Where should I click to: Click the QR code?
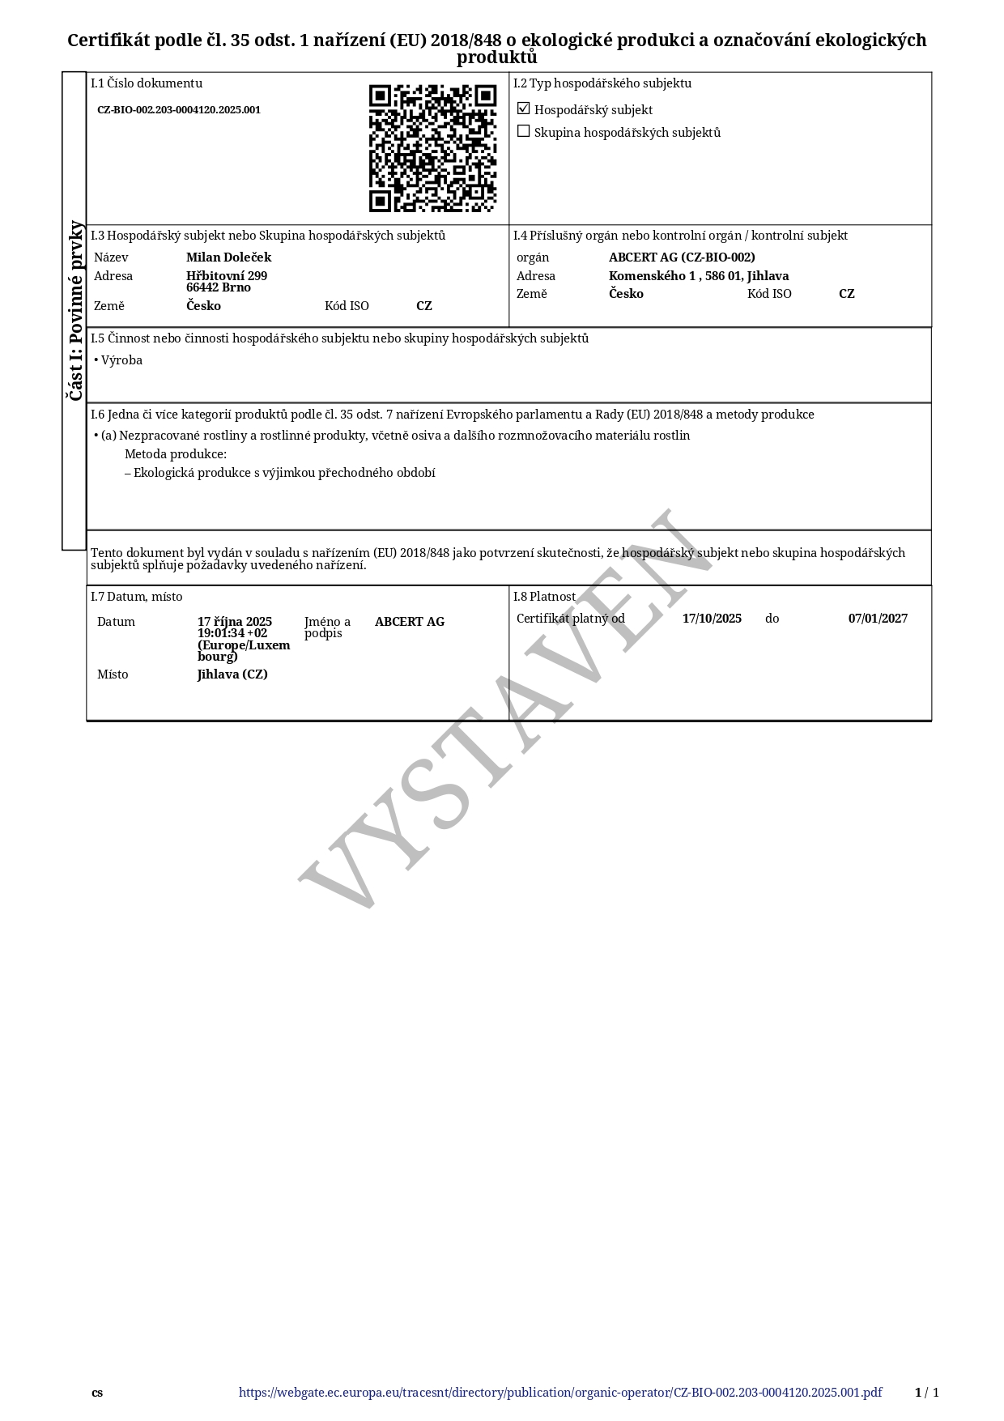pyautogui.click(x=432, y=148)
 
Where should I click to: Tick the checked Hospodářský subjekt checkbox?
pyautogui.click(x=524, y=108)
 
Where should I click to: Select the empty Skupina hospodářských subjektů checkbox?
pyautogui.click(x=524, y=131)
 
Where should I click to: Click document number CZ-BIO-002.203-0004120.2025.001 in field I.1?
pyautogui.click(x=179, y=110)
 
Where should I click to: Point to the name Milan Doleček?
pyautogui.click(x=228, y=257)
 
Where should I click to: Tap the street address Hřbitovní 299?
pyautogui.click(x=227, y=275)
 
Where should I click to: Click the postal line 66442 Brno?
pyautogui.click(x=219, y=287)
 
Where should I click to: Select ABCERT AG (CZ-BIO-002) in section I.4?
pyautogui.click(x=682, y=257)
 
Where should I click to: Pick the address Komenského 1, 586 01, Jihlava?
pyautogui.click(x=699, y=276)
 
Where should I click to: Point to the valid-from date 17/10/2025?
pyautogui.click(x=712, y=619)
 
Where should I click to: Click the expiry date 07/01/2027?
pyautogui.click(x=878, y=619)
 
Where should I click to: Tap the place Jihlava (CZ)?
pyautogui.click(x=232, y=674)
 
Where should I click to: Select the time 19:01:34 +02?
pyautogui.click(x=232, y=633)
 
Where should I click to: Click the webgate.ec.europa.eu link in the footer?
pyautogui.click(x=560, y=1393)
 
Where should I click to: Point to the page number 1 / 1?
pyautogui.click(x=927, y=1393)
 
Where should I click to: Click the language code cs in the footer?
pyautogui.click(x=97, y=1393)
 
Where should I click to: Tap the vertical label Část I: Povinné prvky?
pyautogui.click(x=74, y=310)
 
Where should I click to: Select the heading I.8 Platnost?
pyautogui.click(x=544, y=597)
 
